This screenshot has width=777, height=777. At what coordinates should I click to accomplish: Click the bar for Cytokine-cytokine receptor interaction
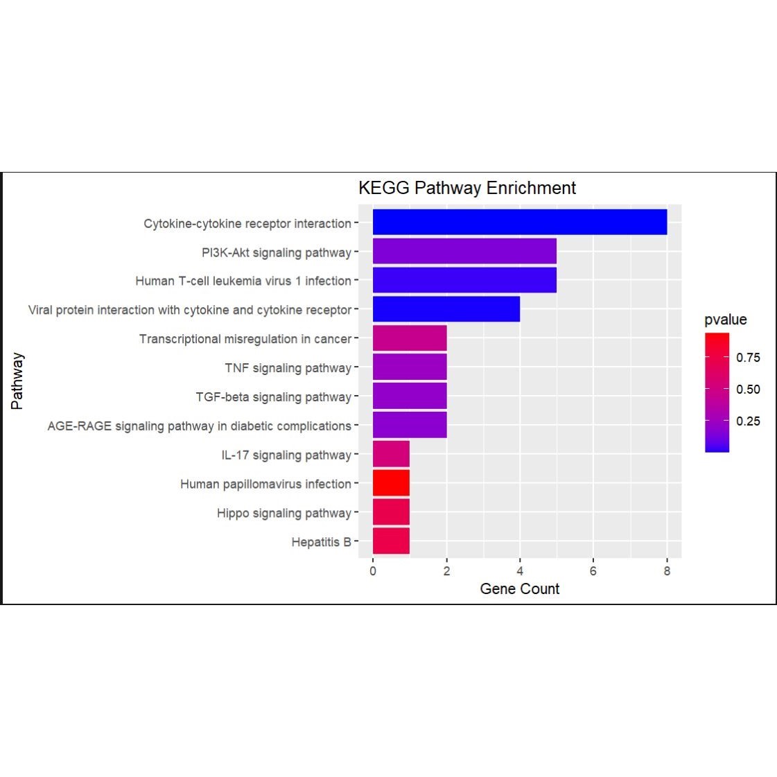tap(520, 222)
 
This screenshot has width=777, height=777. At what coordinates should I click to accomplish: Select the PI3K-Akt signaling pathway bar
tap(464, 251)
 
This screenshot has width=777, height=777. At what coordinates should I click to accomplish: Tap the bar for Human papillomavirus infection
tap(391, 483)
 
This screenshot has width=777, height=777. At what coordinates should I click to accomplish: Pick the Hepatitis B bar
tap(391, 541)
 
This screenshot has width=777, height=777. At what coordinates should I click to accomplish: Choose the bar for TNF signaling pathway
tap(410, 367)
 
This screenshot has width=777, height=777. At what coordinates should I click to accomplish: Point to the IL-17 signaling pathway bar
tap(391, 454)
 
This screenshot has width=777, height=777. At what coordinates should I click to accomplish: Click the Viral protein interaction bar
tap(446, 309)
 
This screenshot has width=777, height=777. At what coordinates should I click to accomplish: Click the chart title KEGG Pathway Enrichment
tap(466, 188)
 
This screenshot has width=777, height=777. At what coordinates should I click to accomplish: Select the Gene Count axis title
tap(519, 589)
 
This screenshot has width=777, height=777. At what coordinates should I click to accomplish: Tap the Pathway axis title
tap(17, 381)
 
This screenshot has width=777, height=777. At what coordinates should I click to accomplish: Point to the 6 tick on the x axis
tap(593, 571)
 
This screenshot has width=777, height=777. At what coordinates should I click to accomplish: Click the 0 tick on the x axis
tap(373, 571)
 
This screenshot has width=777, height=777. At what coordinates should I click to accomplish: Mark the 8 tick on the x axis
tap(667, 571)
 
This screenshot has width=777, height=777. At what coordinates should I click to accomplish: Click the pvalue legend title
tap(725, 320)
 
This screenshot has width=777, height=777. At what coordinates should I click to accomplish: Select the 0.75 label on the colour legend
tap(748, 358)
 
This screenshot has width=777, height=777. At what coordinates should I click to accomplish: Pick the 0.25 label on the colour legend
tap(748, 421)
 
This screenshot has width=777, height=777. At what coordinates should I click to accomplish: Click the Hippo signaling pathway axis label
tap(283, 513)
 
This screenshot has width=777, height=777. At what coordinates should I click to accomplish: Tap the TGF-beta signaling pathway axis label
tap(273, 397)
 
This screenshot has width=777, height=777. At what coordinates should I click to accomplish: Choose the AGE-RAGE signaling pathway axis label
tap(199, 426)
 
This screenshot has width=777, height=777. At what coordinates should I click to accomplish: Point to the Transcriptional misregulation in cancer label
tap(245, 339)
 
